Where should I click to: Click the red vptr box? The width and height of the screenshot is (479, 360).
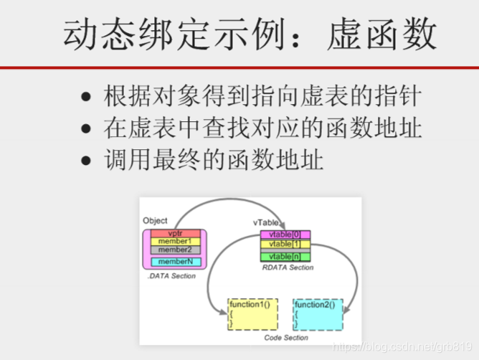click(x=175, y=234)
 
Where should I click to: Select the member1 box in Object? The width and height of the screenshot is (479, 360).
click(x=175, y=242)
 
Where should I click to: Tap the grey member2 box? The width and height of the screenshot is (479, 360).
click(x=175, y=250)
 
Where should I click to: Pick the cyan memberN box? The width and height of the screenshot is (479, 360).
click(x=175, y=262)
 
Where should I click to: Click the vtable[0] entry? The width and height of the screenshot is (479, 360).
click(x=285, y=235)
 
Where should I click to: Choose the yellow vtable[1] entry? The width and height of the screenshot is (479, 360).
click(x=285, y=244)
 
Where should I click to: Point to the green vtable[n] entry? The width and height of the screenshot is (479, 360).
click(x=285, y=257)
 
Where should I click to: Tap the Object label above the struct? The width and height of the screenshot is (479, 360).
click(x=155, y=221)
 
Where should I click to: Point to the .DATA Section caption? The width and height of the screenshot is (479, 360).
click(x=171, y=276)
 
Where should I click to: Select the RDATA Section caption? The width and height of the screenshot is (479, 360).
click(x=287, y=267)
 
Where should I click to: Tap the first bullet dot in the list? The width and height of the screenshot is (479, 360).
click(x=87, y=96)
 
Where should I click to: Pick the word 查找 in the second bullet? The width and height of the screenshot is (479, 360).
click(x=215, y=129)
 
